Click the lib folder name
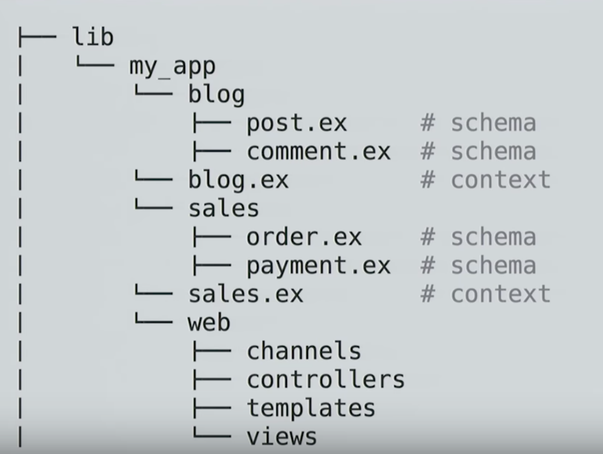coord(93,37)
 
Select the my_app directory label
coord(172,67)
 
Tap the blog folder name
coord(216,94)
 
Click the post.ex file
coord(297,123)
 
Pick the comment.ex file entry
coord(318,151)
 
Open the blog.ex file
coord(238,180)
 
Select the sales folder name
coord(224,208)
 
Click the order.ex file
coord(304,237)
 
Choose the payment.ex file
coord(318,266)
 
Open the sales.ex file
coord(246,294)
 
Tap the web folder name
coord(209,322)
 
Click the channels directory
coord(304,350)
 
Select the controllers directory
coord(325,379)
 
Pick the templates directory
coord(311,408)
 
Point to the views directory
coord(282,437)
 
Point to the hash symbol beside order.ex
coord(428,237)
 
